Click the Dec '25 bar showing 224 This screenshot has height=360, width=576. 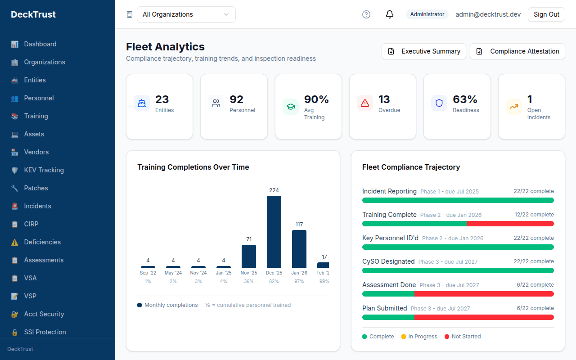[x=274, y=232]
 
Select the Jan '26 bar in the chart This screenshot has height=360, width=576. [x=299, y=249]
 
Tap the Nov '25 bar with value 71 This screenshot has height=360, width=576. [x=248, y=256]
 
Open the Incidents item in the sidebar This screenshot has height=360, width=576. [x=37, y=206]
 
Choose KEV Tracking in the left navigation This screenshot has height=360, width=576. [x=44, y=170]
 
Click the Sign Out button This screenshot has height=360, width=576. [x=546, y=14]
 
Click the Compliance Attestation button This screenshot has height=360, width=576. [x=517, y=51]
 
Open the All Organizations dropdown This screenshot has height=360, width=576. [x=186, y=14]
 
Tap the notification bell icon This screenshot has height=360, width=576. [x=390, y=14]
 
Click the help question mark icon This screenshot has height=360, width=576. [x=366, y=14]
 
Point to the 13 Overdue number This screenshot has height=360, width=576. [x=384, y=99]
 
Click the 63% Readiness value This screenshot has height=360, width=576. [x=465, y=99]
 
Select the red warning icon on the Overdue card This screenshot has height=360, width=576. [x=365, y=103]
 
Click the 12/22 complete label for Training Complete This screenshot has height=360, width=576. [x=534, y=215]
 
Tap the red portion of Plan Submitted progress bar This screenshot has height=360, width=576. [x=484, y=317]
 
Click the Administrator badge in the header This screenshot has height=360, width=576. [x=427, y=14]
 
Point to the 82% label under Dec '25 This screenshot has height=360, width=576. [x=274, y=281]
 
